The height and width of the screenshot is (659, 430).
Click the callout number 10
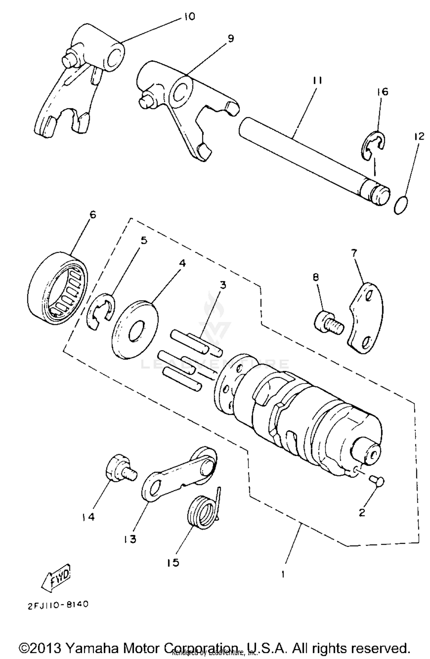(x=189, y=16)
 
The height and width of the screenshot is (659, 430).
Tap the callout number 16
(x=383, y=92)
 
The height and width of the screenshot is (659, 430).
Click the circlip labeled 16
(x=372, y=145)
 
